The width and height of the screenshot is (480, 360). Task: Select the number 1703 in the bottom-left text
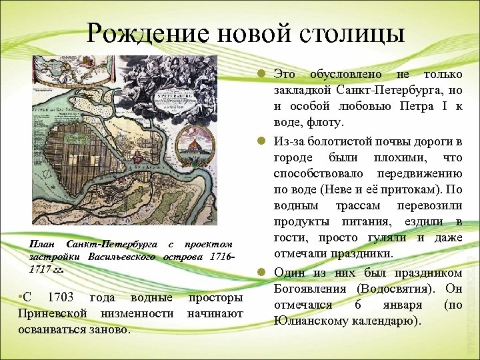(58, 297)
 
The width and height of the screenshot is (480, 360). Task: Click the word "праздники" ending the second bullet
(359, 255)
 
